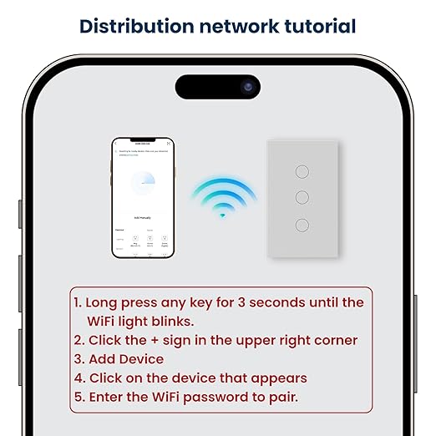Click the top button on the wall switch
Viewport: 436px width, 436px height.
pos(302,170)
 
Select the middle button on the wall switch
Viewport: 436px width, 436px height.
pos(302,198)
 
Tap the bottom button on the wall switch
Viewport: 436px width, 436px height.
pos(302,225)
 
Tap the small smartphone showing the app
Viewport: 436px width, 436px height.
pos(143,197)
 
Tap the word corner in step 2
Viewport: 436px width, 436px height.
pos(335,341)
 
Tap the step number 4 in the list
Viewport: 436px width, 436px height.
pos(78,378)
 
